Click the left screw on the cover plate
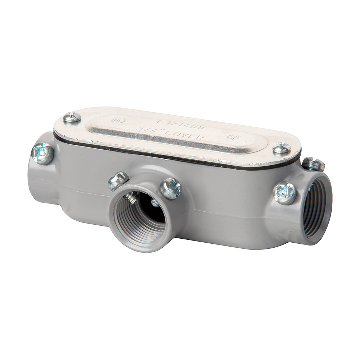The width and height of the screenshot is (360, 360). click(72, 117)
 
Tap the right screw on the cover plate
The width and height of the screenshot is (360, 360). click(281, 148)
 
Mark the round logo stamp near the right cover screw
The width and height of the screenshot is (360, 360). click(231, 138)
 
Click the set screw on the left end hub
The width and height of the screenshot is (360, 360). click(42, 154)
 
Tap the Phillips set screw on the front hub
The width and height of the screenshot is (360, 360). click(170, 188)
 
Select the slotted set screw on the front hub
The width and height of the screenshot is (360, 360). click(118, 181)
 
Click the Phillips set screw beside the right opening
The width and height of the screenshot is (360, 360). click(284, 193)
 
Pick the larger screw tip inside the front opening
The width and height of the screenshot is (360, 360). click(132, 198)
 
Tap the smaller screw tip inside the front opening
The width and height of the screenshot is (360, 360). click(155, 203)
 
